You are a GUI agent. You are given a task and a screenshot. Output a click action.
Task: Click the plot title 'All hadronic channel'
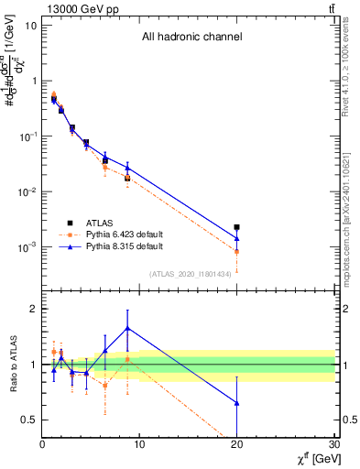(191, 38)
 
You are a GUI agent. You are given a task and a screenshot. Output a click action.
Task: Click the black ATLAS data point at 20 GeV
(237, 227)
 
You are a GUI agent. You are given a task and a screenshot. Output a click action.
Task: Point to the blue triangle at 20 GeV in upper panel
(237, 238)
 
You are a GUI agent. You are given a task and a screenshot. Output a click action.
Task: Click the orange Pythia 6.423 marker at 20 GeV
(237, 251)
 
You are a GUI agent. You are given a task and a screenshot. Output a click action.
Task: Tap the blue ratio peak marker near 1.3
(127, 327)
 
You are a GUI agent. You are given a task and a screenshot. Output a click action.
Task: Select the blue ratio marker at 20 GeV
(237, 403)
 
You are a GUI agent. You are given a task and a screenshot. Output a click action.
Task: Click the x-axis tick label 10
(139, 445)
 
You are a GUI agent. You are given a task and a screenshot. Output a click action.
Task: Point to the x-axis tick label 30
(333, 445)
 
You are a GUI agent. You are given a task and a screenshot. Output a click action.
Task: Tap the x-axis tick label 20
(237, 445)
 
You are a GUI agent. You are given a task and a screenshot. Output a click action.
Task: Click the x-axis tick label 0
(42, 445)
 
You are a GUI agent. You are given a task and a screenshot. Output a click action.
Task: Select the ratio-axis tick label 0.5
(28, 420)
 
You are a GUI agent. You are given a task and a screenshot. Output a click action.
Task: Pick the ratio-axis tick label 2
(33, 309)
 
